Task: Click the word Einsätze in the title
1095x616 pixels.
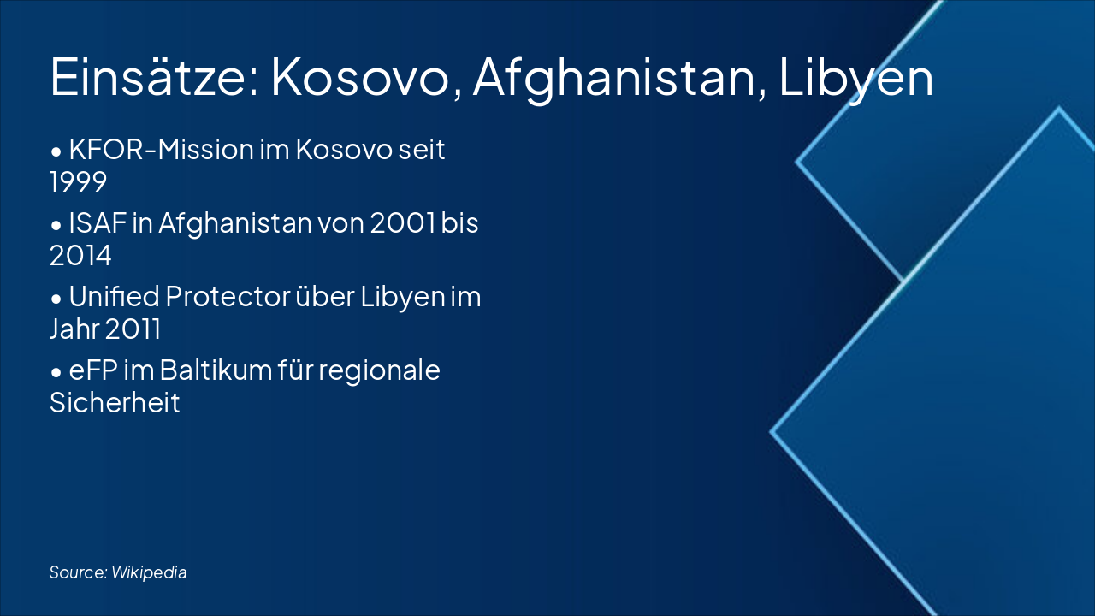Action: pos(155,77)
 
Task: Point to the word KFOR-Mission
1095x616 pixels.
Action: pos(162,149)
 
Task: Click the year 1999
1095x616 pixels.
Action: pos(78,182)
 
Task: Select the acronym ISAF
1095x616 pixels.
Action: pos(98,223)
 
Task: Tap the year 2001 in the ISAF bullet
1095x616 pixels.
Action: pos(403,223)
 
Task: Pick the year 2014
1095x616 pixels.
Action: pos(80,256)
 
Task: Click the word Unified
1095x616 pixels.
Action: pos(115,296)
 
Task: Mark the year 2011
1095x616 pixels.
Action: pos(133,329)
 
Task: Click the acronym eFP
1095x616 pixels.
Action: pos(93,370)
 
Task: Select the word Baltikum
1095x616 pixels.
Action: pos(216,370)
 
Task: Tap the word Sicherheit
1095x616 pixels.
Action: pos(115,402)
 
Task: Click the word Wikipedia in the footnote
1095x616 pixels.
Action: pos(149,572)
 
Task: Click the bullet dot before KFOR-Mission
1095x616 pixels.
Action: pos(56,151)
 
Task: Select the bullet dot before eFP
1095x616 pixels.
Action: pos(56,372)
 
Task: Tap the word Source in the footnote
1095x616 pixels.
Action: pos(78,572)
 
